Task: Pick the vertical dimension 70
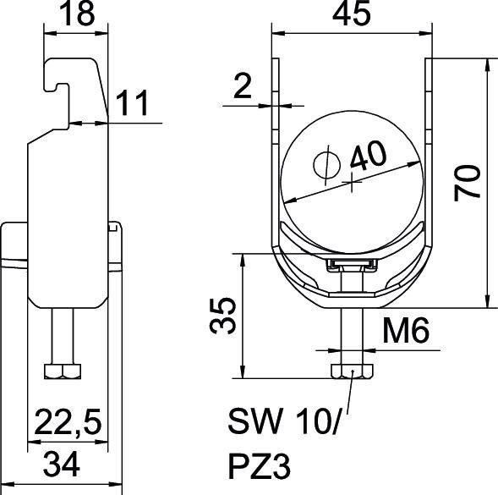point(469,182)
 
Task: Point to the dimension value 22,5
point(70,420)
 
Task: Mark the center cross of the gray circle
point(351,179)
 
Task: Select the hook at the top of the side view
point(64,72)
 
